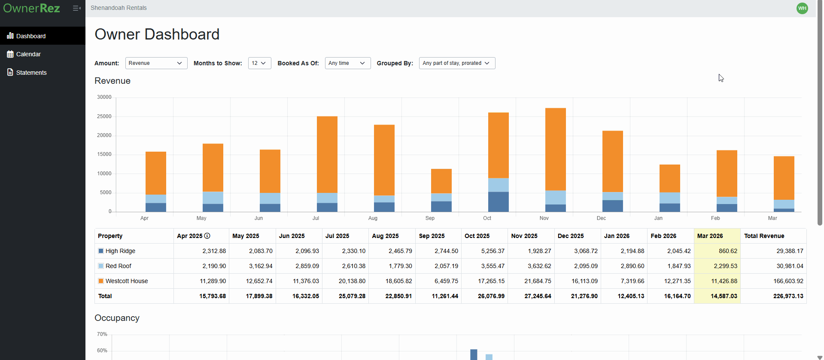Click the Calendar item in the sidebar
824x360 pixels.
coord(28,54)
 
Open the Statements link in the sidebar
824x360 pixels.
coord(31,73)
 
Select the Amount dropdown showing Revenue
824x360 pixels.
coord(156,63)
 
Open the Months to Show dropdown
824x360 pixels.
coord(259,63)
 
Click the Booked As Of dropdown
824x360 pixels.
coord(347,63)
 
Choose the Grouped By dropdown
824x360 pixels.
coord(456,63)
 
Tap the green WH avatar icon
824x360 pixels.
coord(802,8)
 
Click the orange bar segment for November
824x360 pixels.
coord(555,149)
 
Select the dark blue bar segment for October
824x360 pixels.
coord(498,202)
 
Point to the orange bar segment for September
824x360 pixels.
coord(441,181)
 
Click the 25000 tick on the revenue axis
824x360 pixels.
coord(104,116)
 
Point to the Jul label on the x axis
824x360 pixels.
coord(316,218)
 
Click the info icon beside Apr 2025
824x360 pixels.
coord(207,236)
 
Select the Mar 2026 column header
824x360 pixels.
coord(710,236)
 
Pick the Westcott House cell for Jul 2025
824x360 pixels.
coord(352,281)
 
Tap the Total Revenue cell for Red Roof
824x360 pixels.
coord(790,266)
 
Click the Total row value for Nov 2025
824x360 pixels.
coord(538,296)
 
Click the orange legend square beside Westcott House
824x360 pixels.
coord(101,281)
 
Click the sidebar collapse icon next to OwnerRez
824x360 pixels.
coord(76,8)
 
